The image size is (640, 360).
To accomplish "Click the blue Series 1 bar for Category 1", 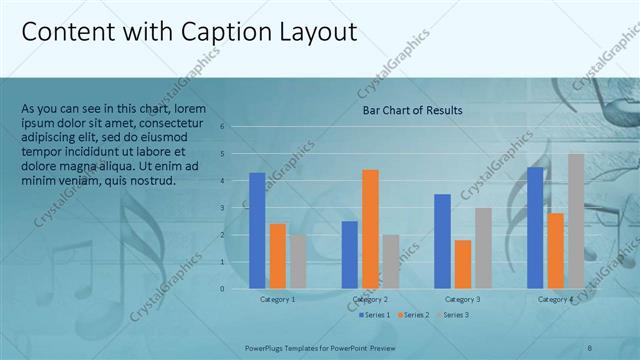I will (x=257, y=231).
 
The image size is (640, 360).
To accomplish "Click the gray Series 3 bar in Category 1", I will (x=298, y=262).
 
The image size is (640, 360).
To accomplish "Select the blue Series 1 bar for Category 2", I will (x=349, y=255).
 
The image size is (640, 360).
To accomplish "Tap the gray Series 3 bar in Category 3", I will (x=483, y=248).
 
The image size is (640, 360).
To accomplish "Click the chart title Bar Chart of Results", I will (x=412, y=110).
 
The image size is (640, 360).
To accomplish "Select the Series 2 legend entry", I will (x=414, y=315).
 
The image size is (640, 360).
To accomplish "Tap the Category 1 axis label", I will (x=277, y=299).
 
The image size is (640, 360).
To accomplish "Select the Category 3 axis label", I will (x=463, y=299).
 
